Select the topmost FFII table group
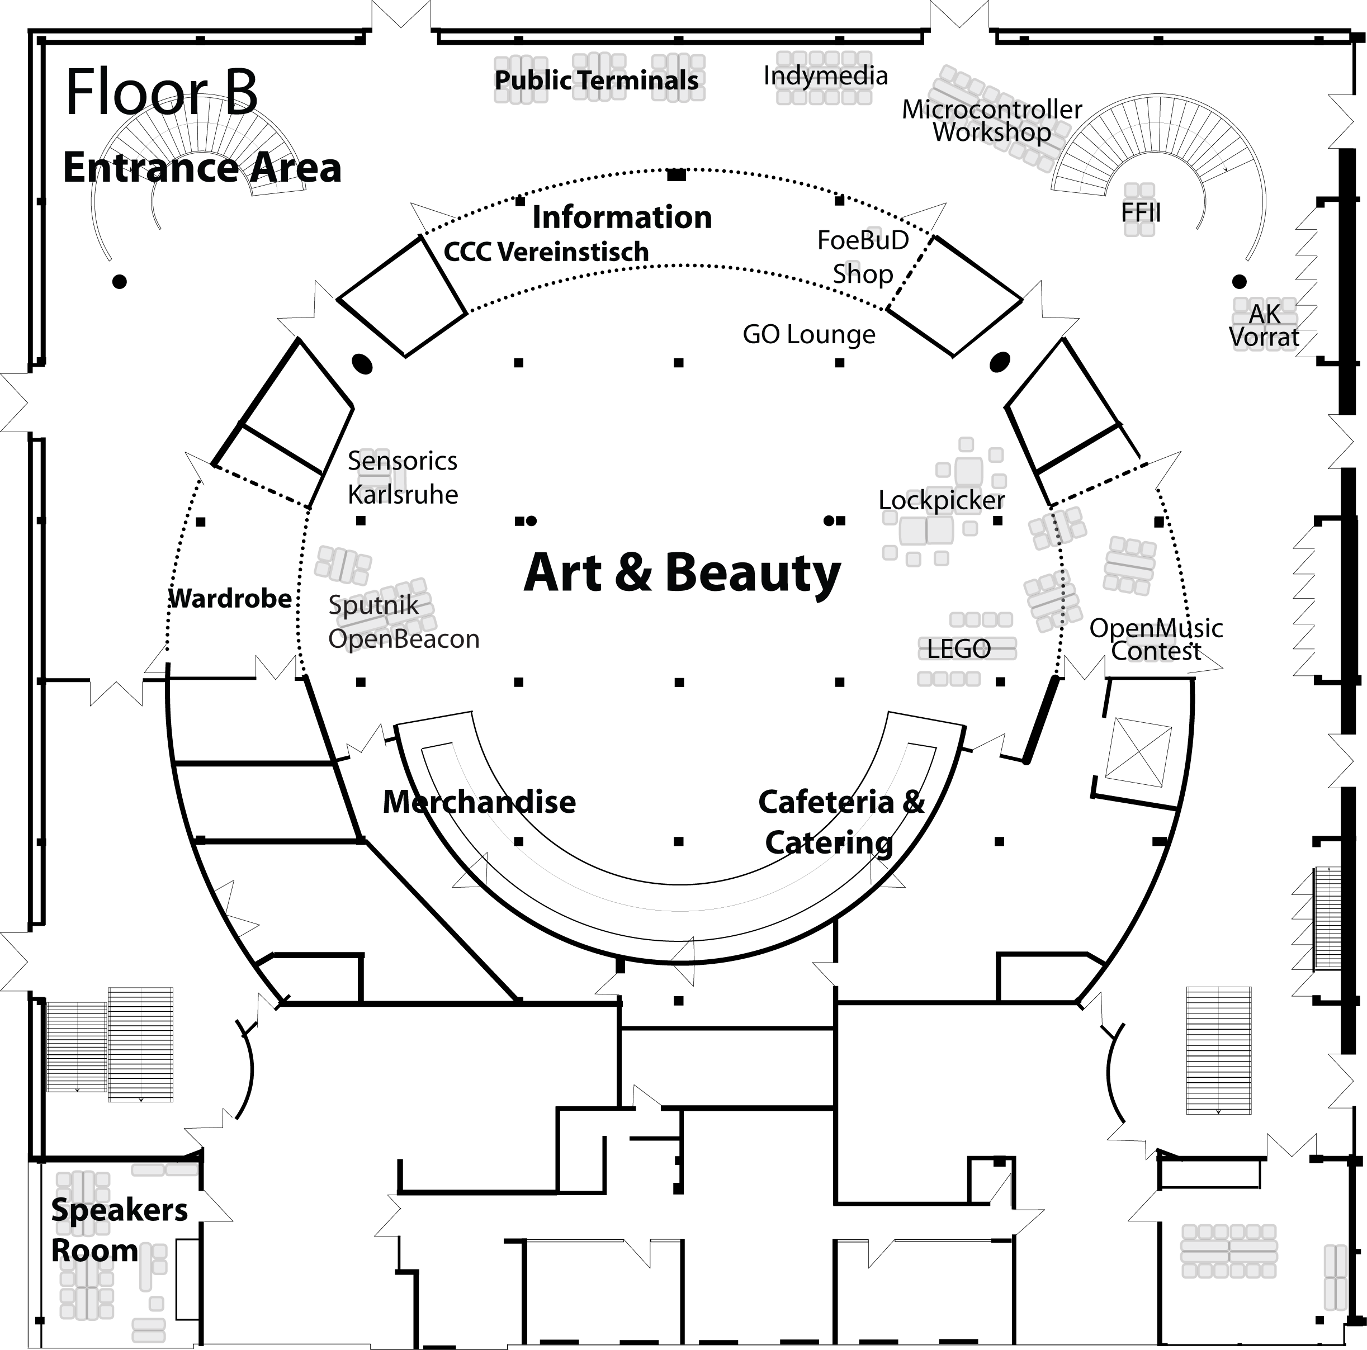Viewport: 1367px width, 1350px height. click(x=1139, y=210)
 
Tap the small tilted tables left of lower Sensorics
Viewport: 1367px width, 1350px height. click(x=342, y=565)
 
